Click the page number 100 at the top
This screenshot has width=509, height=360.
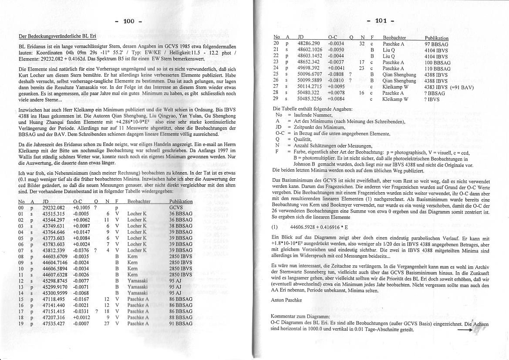[129, 21]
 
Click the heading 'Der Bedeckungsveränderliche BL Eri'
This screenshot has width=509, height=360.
[57, 35]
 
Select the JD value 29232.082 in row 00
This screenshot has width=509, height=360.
[53, 208]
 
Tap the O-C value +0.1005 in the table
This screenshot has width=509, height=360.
[81, 208]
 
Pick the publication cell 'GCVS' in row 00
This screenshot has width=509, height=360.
[176, 208]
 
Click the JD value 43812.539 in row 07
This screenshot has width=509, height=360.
[53, 250]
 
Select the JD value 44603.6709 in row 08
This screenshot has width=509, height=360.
[55, 256]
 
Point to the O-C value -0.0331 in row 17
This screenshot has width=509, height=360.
[81, 311]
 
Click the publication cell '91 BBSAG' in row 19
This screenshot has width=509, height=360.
[180, 323]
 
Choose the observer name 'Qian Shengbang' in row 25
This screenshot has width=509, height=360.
[399, 75]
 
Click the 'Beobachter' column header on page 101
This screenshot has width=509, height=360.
[394, 38]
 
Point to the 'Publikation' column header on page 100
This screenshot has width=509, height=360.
[180, 201]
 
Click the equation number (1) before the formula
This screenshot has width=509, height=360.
[274, 227]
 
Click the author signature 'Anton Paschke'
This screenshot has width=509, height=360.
[286, 300]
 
